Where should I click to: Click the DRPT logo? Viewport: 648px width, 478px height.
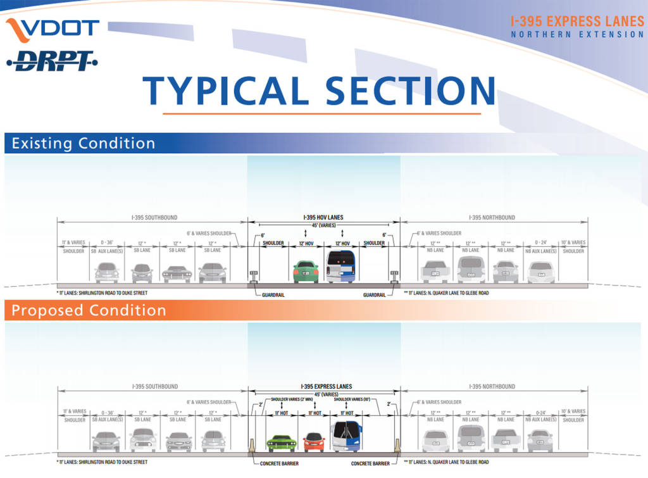52,61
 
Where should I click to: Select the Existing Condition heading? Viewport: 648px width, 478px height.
83,143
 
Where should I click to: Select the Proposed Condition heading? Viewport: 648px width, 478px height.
89,310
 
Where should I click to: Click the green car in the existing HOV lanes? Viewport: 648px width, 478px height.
306,272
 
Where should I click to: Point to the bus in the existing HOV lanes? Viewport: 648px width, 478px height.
340,266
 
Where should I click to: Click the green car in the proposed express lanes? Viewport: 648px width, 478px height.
282,442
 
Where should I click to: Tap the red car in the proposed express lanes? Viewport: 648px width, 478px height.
314,442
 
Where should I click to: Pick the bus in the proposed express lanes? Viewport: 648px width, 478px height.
346,437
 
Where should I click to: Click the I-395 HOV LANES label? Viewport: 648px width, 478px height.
323,218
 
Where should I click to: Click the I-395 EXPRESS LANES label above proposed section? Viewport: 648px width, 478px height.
326,386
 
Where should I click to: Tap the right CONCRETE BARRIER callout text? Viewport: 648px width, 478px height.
371,463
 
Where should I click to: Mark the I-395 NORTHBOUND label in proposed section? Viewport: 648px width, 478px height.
492,386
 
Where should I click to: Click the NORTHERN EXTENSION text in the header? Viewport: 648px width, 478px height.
577,34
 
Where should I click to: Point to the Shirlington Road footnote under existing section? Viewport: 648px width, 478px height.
101,293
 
